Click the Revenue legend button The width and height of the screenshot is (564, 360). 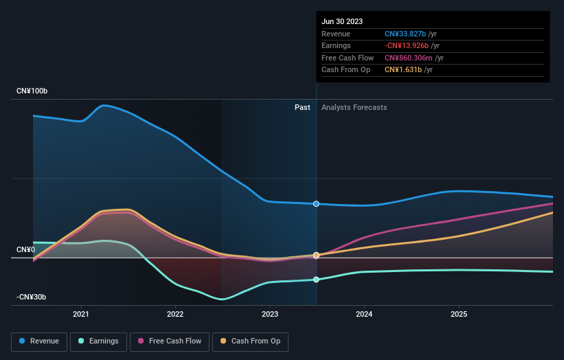click(x=39, y=341)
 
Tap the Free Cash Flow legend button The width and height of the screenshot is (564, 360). click(x=170, y=341)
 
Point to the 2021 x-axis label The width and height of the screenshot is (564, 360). click(x=81, y=314)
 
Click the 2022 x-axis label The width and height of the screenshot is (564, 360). click(x=175, y=314)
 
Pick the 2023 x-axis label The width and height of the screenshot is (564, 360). click(x=270, y=314)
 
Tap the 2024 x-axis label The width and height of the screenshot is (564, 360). click(x=364, y=314)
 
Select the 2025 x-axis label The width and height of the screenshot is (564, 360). click(x=459, y=314)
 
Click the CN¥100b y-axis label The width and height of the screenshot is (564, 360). click(x=32, y=91)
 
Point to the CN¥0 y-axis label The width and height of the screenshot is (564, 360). click(x=25, y=249)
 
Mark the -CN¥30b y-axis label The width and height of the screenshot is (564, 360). click(x=32, y=297)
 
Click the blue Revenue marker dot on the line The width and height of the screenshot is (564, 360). click(x=316, y=204)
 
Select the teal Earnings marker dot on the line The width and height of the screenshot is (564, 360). click(x=316, y=280)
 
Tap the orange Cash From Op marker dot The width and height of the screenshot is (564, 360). click(x=316, y=255)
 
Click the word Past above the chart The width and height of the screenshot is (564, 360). click(x=302, y=107)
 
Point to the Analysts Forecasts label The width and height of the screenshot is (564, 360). click(x=354, y=107)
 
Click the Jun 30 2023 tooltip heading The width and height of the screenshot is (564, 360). click(x=341, y=21)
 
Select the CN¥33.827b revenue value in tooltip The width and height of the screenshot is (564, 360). click(x=405, y=34)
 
